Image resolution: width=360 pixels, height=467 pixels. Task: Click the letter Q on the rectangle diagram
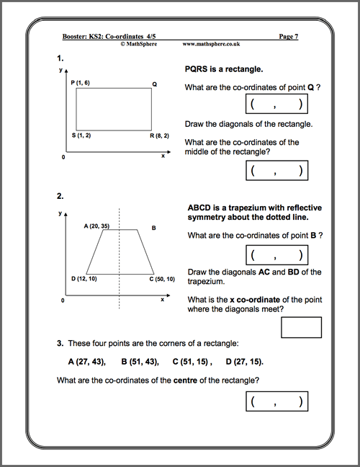point(154,84)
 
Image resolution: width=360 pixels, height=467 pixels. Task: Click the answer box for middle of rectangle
point(277,170)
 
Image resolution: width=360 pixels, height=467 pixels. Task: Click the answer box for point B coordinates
point(277,255)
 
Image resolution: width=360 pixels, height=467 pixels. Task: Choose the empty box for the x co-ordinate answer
point(302,327)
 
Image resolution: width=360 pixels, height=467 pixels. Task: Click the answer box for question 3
point(277,401)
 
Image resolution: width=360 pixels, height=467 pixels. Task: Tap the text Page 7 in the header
point(288,35)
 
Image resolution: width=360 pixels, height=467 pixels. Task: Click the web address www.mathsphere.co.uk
point(212,43)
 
